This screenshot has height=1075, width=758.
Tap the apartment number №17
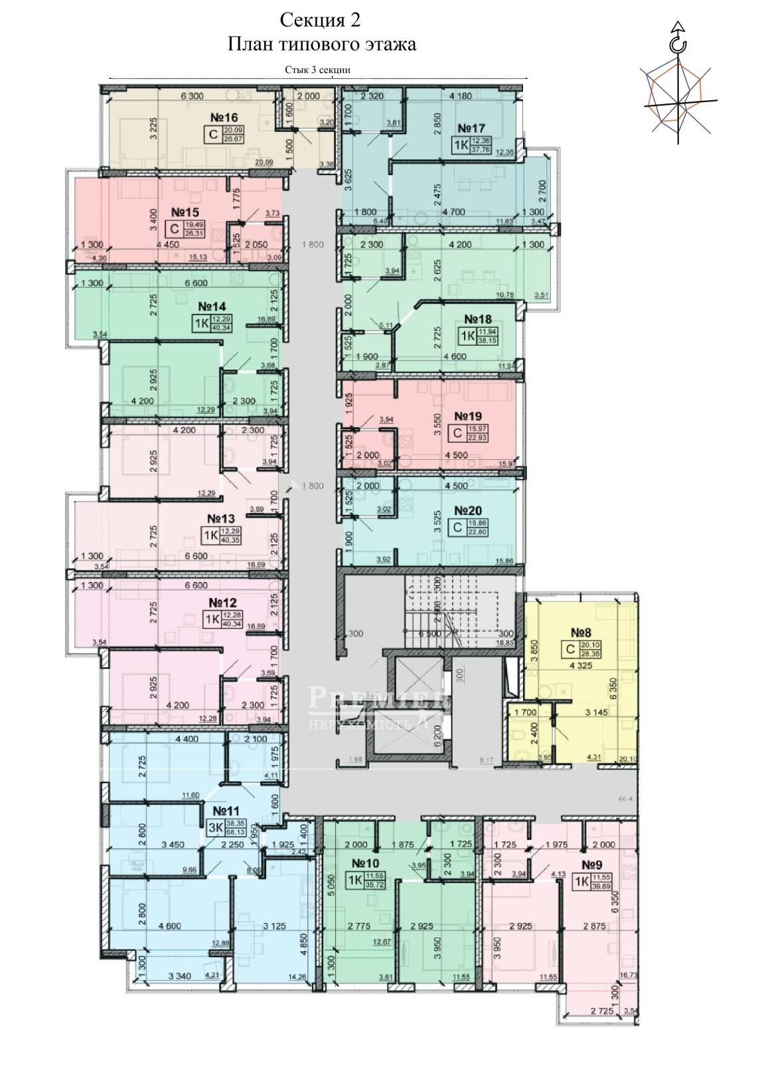coord(472,127)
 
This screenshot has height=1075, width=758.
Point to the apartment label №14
coord(212,307)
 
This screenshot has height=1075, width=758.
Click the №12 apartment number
coord(223,603)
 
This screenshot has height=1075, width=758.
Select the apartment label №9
coord(596,865)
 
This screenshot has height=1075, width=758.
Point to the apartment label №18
coord(477,319)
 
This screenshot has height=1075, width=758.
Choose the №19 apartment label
coord(467,417)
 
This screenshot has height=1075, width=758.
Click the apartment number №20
coord(467,511)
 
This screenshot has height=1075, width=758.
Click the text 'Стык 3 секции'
coord(318,69)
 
